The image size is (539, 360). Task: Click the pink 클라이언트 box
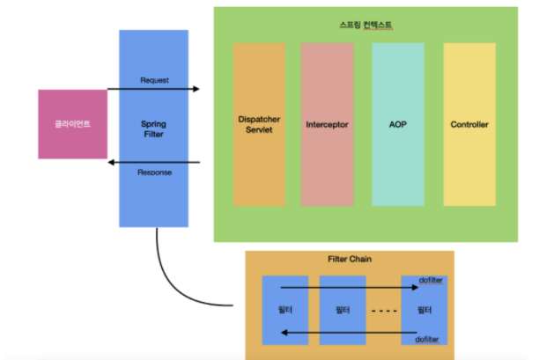(69, 124)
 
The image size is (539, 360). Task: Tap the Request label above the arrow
(154, 80)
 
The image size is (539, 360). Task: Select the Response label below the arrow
(154, 173)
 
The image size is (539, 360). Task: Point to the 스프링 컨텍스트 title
(365, 25)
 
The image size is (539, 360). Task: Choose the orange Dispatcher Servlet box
(258, 124)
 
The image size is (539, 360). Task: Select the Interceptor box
(327, 124)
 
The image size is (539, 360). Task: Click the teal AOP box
(397, 124)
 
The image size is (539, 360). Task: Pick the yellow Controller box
(469, 124)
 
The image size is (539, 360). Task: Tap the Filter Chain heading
(350, 261)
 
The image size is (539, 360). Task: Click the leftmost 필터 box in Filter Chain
(284, 311)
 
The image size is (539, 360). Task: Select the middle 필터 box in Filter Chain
(342, 311)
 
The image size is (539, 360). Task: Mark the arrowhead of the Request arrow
(196, 89)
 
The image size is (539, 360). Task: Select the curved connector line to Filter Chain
(176, 282)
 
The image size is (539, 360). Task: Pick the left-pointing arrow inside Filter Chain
(352, 333)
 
